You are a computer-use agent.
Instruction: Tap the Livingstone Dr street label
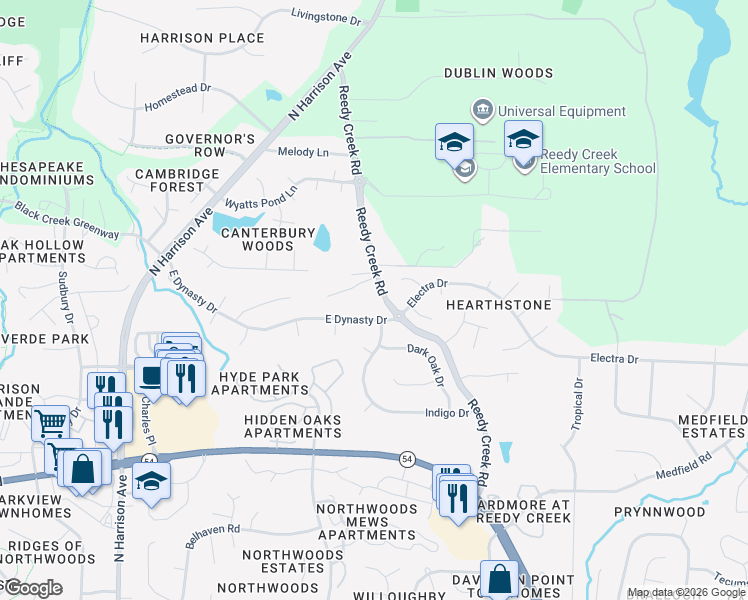[x=325, y=17]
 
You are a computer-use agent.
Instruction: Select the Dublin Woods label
[x=498, y=73]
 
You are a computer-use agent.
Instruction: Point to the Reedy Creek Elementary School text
[x=597, y=162]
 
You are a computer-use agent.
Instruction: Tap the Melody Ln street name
[x=303, y=152]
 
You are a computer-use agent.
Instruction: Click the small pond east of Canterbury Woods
[x=322, y=238]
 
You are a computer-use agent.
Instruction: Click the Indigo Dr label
[x=448, y=412]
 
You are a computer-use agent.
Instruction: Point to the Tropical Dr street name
[x=577, y=405]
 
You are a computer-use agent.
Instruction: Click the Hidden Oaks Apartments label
[x=293, y=426]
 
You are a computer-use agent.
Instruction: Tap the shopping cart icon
[x=50, y=422]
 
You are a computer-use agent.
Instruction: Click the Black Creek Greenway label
[x=66, y=220]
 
